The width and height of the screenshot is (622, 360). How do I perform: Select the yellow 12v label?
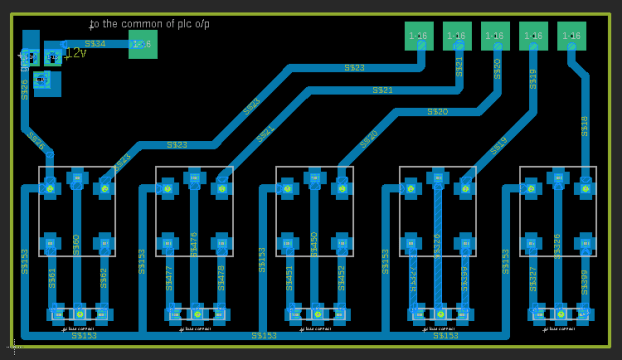[74, 53]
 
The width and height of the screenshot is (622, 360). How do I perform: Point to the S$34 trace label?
[95, 44]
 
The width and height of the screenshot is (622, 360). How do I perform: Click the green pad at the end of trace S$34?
[143, 44]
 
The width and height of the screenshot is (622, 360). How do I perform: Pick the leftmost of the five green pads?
[419, 36]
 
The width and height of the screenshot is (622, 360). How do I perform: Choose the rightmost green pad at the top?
[571, 36]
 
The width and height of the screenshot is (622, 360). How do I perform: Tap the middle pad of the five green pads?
[495, 36]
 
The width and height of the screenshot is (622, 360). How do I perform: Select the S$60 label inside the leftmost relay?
[77, 243]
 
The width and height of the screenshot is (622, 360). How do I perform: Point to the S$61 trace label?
[53, 277]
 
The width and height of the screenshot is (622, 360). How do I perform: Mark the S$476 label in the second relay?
[194, 243]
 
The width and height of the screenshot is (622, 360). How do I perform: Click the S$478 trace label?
[221, 277]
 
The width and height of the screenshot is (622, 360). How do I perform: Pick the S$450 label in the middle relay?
[314, 243]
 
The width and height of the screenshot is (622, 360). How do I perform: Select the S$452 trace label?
[341, 277]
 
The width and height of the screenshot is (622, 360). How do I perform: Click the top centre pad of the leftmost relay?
[77, 180]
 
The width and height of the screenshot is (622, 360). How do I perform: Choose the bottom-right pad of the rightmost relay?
[584, 242]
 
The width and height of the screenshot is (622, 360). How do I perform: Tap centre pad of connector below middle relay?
[316, 313]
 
